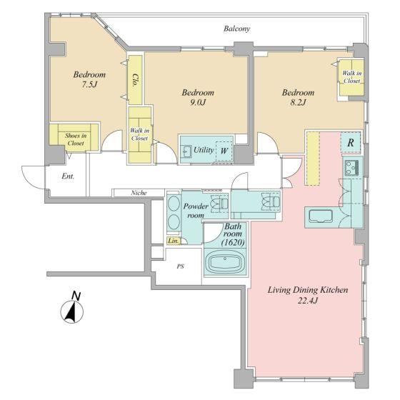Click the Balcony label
pos(236,29)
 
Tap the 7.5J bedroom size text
pos(89,84)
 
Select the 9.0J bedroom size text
pos(198,102)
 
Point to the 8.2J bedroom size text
pos(298,102)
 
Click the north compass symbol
pos(72,309)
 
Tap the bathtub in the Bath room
pos(225,262)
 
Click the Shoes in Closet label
pos(76,139)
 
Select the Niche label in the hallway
pos(139,193)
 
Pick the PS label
pos(180,266)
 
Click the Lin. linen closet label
pos(173,241)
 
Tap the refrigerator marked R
pos(351,143)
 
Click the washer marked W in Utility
pos(224,151)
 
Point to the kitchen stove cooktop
pos(352,168)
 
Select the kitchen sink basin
pos(321,216)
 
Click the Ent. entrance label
pos(68,176)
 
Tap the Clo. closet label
pos(135,81)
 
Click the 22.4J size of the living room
pos(308,301)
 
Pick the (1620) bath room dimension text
pos(233,242)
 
